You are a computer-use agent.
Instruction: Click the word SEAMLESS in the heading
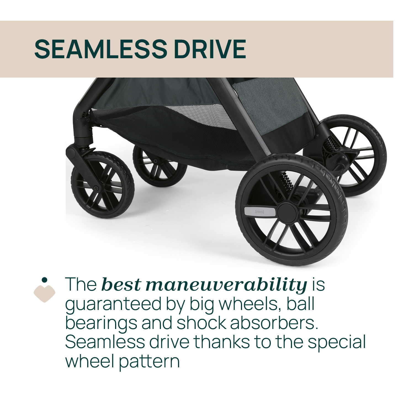pyautogui.click(x=101, y=49)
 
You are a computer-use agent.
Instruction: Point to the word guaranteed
pyautogui.click(x=113, y=304)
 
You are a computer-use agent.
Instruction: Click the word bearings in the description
pyautogui.click(x=101, y=323)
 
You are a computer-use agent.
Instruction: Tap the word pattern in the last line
pyautogui.click(x=149, y=362)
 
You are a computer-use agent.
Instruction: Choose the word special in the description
pyautogui.click(x=337, y=343)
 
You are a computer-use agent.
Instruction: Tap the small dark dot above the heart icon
pyautogui.click(x=44, y=280)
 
